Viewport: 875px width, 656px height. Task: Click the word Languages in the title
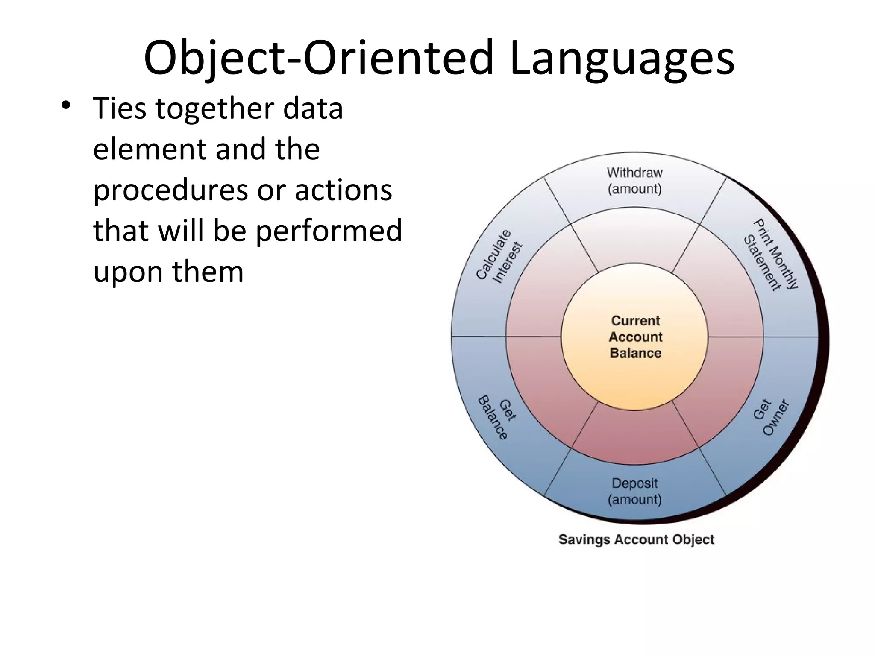click(622, 58)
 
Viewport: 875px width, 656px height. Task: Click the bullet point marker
click(65, 105)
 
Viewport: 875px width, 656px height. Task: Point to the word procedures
click(170, 190)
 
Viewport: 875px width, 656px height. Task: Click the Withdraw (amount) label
click(634, 181)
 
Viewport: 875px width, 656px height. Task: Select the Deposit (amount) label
click(634, 491)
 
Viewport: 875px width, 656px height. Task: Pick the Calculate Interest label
click(499, 257)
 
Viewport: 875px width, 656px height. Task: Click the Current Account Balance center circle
click(635, 337)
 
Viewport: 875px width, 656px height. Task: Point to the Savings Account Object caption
click(636, 539)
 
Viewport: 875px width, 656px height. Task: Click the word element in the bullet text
click(150, 149)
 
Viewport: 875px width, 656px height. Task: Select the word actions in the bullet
click(343, 190)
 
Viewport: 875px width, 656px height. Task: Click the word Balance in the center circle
click(635, 353)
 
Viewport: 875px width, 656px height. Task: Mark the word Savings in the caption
click(584, 539)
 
